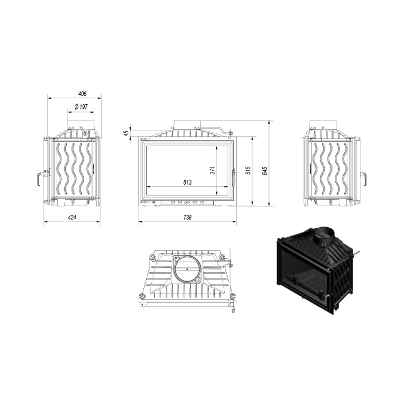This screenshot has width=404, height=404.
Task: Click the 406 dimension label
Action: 74,94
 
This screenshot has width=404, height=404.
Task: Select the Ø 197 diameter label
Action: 81,107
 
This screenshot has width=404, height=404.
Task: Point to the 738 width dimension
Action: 187,218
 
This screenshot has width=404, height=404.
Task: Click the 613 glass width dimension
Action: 187,182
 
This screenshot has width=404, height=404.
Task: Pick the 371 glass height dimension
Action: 213,170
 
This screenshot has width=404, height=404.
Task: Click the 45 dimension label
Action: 127,133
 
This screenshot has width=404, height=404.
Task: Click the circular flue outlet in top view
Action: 187,270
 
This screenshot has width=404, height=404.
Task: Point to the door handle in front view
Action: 233,179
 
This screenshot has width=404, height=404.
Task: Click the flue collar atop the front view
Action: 187,124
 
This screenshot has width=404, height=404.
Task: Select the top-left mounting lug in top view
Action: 151,258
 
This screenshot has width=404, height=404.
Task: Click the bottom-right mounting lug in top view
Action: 229,295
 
